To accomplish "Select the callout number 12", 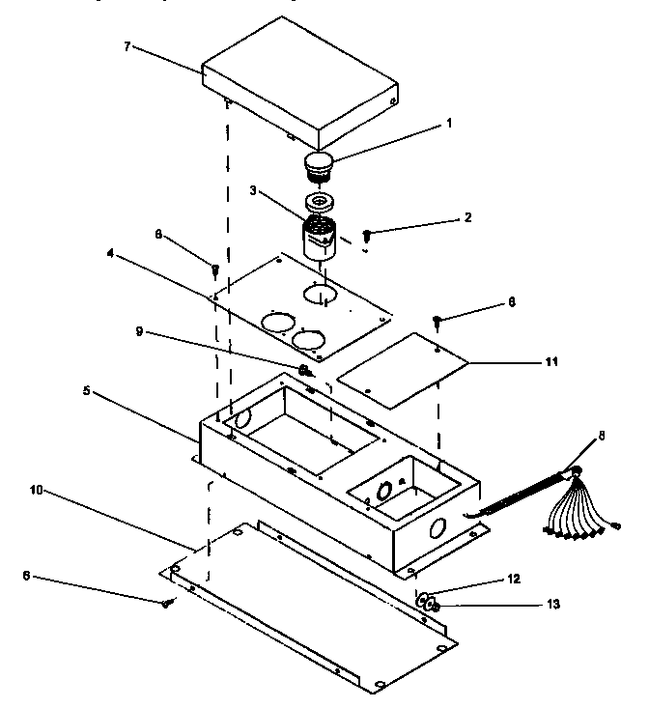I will pos(513,579).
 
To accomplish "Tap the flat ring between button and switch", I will pos(319,203).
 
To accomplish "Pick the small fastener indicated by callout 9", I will pos(304,370).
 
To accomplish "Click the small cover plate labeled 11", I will pos(405,370).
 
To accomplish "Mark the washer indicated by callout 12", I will pos(424,599).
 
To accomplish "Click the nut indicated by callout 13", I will pos(436,607).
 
